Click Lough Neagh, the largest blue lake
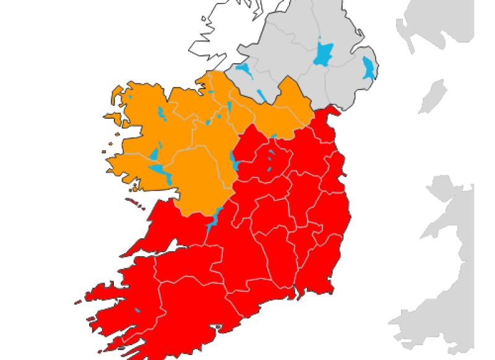click(x=322, y=54)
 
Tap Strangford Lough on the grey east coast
click(x=369, y=67)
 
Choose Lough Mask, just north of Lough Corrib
click(x=154, y=153)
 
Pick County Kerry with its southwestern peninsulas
click(x=124, y=297)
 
